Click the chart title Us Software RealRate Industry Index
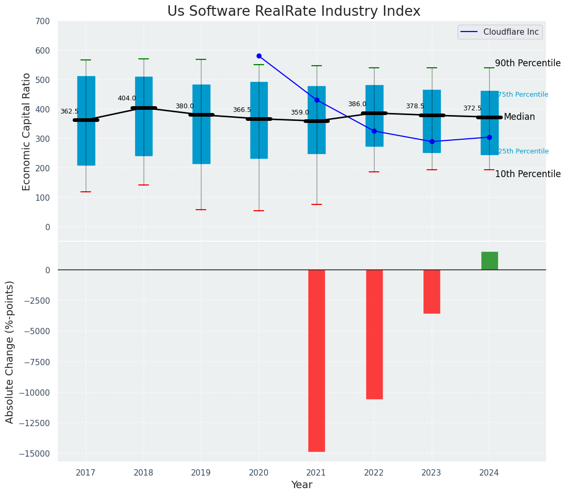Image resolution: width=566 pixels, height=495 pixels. point(294,12)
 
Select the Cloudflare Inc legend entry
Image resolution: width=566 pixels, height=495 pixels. point(500,32)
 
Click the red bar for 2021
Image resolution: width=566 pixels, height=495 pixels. point(317,360)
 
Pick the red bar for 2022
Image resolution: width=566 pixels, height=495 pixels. point(374,334)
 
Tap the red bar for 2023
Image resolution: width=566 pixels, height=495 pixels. point(432,292)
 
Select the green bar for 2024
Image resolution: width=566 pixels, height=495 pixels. point(489,261)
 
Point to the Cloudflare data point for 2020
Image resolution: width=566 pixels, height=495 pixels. point(259,56)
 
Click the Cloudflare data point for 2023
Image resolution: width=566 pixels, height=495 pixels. point(432,141)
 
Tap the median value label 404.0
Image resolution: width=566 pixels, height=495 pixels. point(127,98)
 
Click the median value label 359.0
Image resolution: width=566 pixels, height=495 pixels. point(300,113)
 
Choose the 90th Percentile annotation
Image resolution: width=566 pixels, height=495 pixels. point(528,63)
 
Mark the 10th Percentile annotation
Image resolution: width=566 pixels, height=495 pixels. point(528,174)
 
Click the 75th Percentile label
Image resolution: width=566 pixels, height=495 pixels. point(523,95)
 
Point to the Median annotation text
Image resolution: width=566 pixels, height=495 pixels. point(519,117)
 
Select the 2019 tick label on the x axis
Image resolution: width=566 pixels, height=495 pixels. point(201,472)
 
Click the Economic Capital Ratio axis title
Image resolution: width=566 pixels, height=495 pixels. point(27,131)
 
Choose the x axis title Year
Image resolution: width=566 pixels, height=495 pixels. point(302,485)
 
